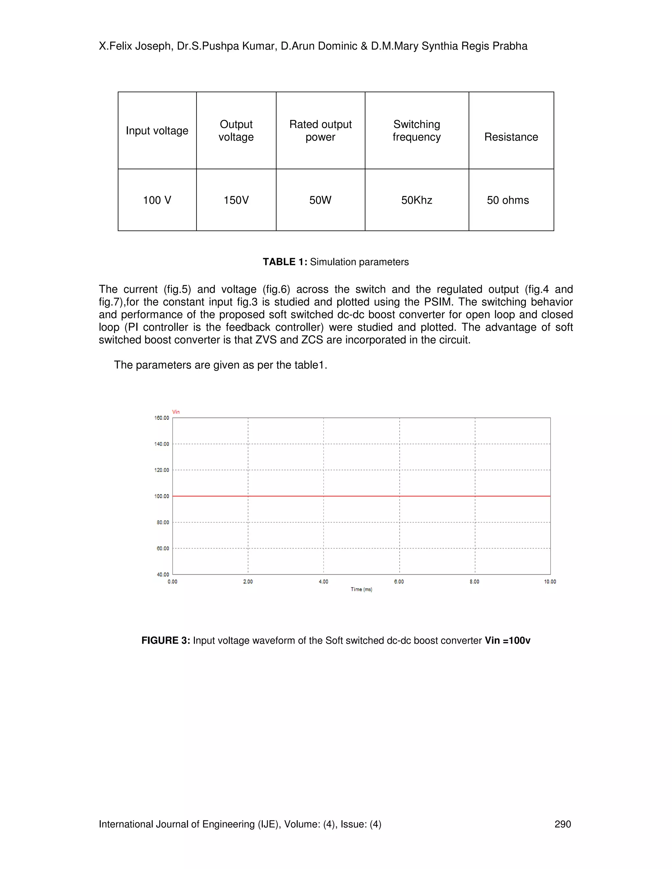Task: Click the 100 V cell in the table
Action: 157,200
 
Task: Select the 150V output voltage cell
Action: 236,200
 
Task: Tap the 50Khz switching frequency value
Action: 416,200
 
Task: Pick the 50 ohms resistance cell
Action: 508,200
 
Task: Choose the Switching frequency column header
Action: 416,131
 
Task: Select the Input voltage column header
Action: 157,131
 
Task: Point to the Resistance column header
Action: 511,137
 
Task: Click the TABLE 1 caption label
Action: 284,262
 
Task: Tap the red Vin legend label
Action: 176,412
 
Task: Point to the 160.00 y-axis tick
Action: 162,418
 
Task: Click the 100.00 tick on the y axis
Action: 162,496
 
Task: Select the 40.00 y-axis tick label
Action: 162,575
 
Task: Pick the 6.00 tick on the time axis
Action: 399,582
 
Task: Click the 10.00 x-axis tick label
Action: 550,582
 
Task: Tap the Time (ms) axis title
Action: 361,589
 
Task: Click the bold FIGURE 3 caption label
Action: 166,641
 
